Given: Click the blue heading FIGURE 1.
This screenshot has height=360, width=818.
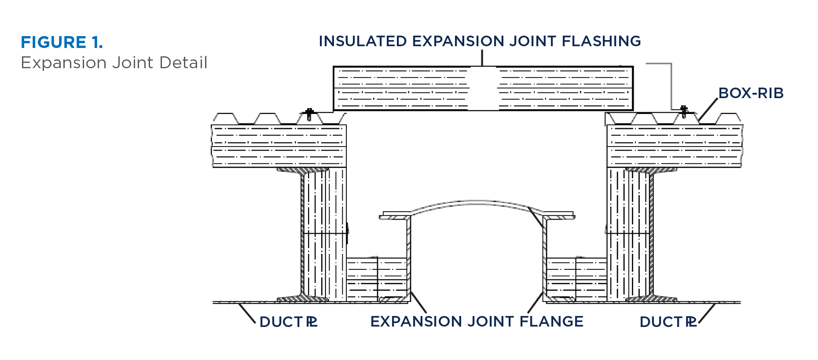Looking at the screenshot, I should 62,43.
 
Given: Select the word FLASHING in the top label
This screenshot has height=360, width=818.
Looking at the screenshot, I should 601,41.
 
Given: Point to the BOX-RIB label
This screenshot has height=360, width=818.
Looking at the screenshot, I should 751,93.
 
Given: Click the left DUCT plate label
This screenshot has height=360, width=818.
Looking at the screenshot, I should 288,322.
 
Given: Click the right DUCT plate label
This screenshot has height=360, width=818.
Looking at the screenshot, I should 668,322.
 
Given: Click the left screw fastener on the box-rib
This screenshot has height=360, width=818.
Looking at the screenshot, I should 309,114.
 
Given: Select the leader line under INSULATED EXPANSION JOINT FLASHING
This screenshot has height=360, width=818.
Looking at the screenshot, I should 482,58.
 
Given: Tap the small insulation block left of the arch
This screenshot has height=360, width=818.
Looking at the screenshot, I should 377,279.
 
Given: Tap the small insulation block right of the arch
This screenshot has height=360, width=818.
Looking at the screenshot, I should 576,279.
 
